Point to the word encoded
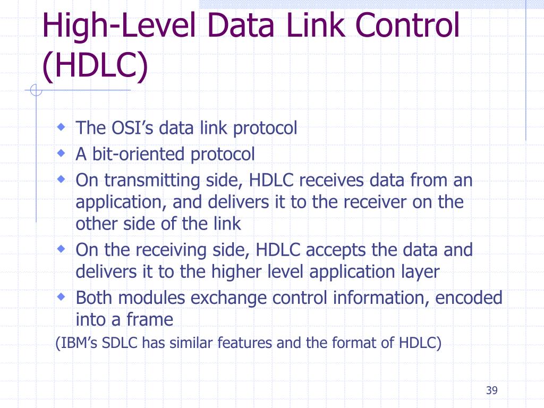(x=469, y=297)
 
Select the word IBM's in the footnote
(x=78, y=343)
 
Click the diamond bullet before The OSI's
(x=62, y=128)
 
